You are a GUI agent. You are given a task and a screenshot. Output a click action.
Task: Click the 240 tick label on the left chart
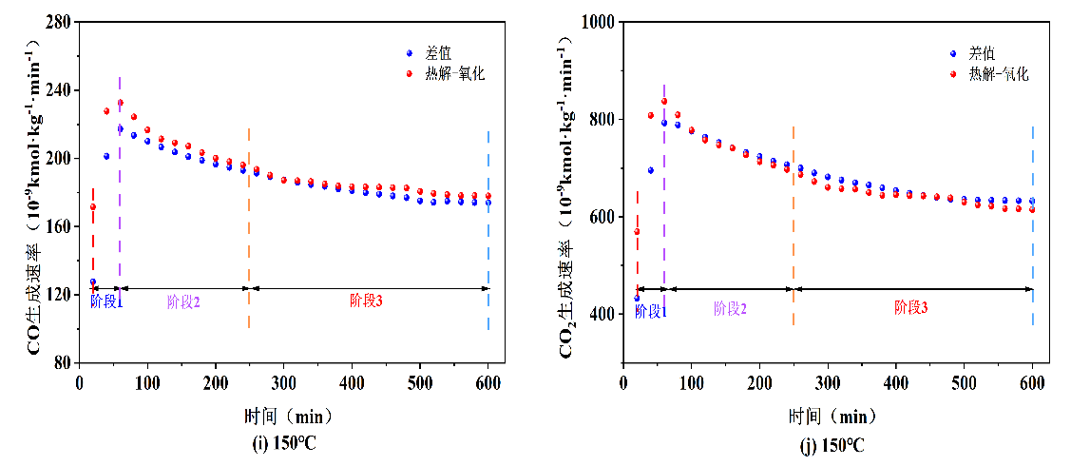click(60, 89)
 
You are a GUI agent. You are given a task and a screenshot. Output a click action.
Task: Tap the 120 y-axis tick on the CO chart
click(60, 295)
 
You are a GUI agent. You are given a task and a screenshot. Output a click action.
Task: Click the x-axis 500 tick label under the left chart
click(420, 381)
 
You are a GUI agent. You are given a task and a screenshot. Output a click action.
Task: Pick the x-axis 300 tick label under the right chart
click(828, 381)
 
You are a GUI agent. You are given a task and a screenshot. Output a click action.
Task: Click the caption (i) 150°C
click(277, 445)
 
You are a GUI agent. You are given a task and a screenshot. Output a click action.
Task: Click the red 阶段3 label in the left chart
click(367, 301)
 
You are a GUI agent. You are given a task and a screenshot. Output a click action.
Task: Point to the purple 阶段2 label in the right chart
click(730, 308)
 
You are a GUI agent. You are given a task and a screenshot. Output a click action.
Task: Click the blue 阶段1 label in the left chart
click(106, 301)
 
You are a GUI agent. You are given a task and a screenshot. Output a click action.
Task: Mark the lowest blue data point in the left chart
click(93, 282)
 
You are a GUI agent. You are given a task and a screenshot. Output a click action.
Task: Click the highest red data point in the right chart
click(664, 102)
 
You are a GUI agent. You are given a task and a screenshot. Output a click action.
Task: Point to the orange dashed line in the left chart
click(249, 228)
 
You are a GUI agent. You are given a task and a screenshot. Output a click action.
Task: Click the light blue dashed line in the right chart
click(1033, 228)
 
